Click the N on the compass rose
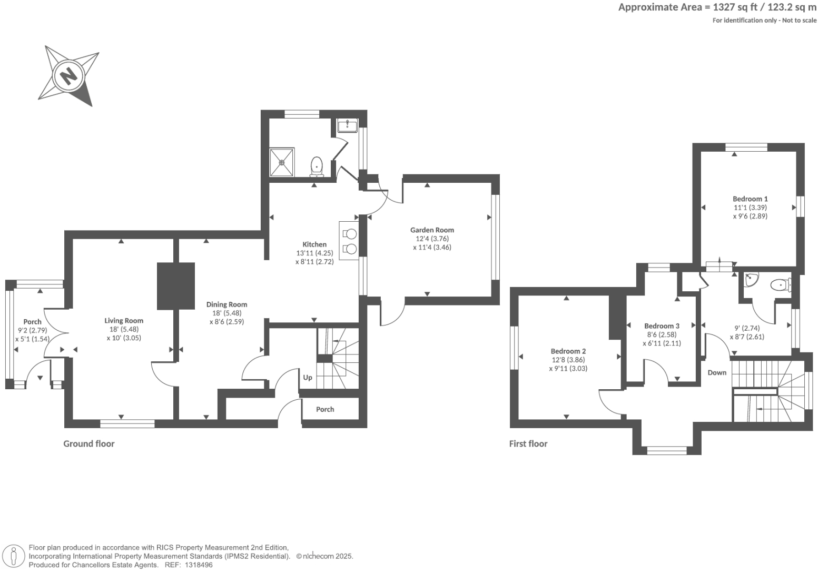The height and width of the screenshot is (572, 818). click(x=68, y=77)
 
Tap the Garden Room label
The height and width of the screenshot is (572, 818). click(x=432, y=230)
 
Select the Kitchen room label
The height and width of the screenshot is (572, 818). click(x=314, y=244)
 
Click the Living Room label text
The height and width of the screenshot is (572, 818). click(x=124, y=321)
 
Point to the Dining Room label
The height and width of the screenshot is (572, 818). click(x=227, y=304)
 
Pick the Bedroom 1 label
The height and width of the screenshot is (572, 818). click(x=750, y=199)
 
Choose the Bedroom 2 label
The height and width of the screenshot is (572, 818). click(x=568, y=351)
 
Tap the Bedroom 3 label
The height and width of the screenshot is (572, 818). click(x=662, y=326)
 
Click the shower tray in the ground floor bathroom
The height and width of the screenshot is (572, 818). click(x=282, y=162)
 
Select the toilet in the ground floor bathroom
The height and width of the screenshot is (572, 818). click(x=317, y=167)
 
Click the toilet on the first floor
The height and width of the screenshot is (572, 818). click(x=781, y=284)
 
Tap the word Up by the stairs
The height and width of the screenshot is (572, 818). click(x=308, y=377)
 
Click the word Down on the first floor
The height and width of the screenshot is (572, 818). click(x=717, y=372)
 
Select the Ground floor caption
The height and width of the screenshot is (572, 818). click(x=88, y=444)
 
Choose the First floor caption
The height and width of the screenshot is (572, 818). click(x=528, y=444)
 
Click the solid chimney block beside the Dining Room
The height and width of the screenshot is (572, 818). click(x=175, y=287)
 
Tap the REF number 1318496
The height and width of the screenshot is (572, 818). click(x=199, y=565)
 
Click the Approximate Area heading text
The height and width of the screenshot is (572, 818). click(x=660, y=7)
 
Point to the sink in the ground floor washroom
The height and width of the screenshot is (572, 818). click(x=347, y=126)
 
